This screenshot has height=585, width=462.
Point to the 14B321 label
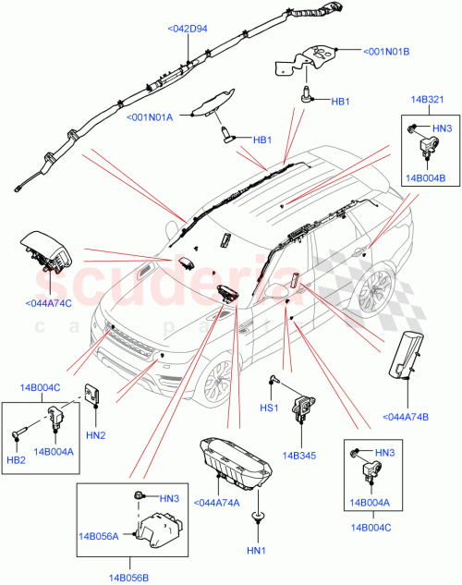428,99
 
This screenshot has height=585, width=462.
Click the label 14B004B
427,177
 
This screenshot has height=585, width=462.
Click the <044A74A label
218,503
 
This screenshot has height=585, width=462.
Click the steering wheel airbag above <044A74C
46,255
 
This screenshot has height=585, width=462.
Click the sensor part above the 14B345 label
301,407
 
